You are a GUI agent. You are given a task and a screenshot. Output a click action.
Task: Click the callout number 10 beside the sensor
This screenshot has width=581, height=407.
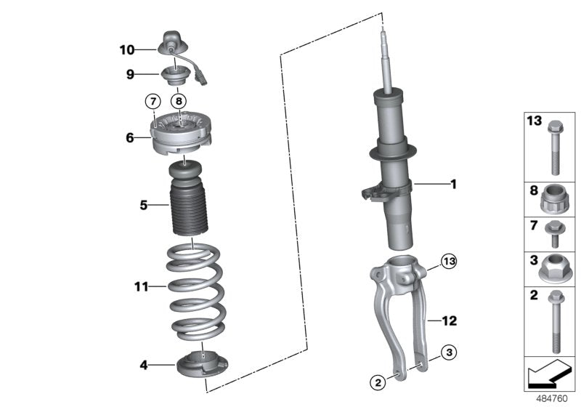pyautogui.click(x=127, y=50)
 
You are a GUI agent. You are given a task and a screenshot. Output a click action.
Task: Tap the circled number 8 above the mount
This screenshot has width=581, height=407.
pyautogui.click(x=179, y=100)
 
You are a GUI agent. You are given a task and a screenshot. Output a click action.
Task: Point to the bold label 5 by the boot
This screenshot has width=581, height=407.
pyautogui.click(x=144, y=206)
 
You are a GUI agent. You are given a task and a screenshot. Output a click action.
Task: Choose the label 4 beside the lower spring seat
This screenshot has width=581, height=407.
pyautogui.click(x=144, y=365)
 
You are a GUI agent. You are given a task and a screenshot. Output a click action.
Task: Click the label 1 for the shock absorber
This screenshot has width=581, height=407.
pyautogui.click(x=453, y=185)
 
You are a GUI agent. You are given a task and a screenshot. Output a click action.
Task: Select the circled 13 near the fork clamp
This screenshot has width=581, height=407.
pyautogui.click(x=450, y=260)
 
